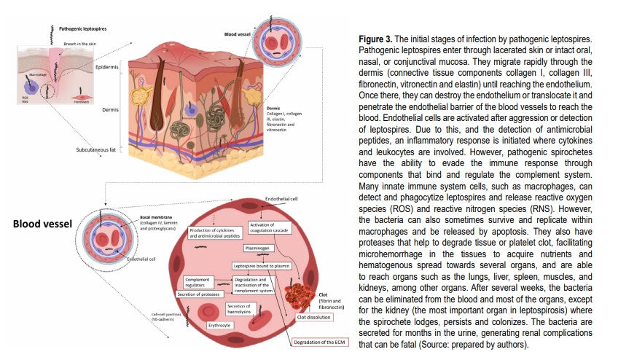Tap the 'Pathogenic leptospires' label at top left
tap(82, 28)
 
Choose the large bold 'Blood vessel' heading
tap(42, 224)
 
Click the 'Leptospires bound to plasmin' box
tap(263, 267)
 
